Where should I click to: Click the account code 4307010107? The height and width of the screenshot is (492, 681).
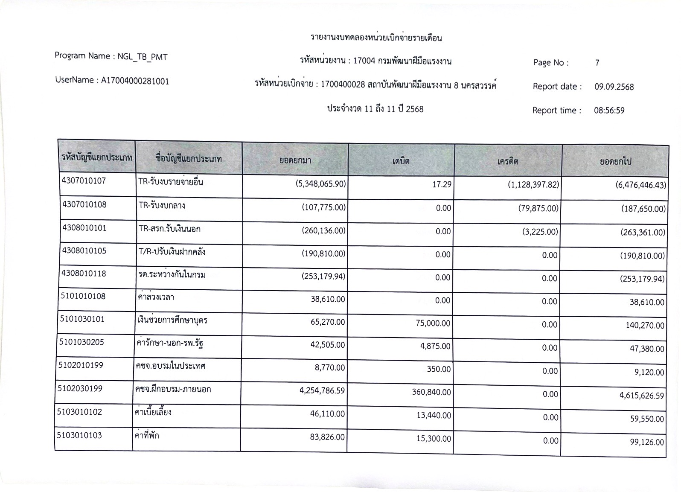click(x=84, y=180)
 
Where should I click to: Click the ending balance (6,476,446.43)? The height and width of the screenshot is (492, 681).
click(x=640, y=185)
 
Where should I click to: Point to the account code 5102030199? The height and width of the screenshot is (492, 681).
click(x=80, y=388)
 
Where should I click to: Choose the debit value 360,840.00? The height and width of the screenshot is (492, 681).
click(x=431, y=392)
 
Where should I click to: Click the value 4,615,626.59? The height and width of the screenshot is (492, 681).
click(x=641, y=396)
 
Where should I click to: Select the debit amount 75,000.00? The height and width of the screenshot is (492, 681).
click(x=433, y=323)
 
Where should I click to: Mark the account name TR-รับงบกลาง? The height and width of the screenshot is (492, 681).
click(x=162, y=205)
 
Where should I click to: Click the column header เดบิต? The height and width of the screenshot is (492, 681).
click(x=401, y=161)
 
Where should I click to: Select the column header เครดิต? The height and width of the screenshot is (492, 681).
click(x=508, y=161)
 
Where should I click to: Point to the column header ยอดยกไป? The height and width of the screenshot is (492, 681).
click(x=615, y=162)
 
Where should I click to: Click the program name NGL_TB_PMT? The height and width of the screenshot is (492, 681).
click(x=143, y=57)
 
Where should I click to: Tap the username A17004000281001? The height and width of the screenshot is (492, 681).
click(x=135, y=81)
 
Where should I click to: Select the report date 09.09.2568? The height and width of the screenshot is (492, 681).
click(x=614, y=87)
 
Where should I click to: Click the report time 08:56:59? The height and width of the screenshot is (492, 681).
click(x=609, y=111)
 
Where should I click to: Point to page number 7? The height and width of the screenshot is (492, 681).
click(x=597, y=63)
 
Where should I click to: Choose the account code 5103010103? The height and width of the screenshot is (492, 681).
click(x=79, y=435)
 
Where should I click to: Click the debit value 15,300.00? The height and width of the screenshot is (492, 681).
click(x=434, y=439)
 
